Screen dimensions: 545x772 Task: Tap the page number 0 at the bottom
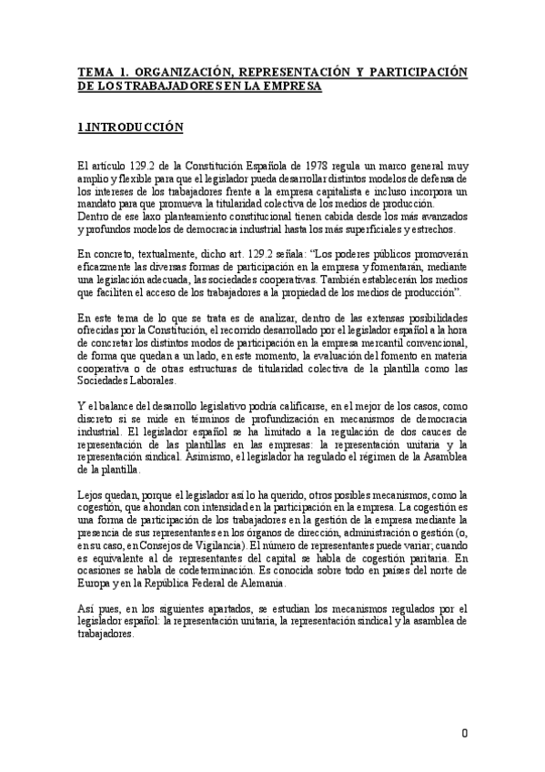(465, 733)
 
